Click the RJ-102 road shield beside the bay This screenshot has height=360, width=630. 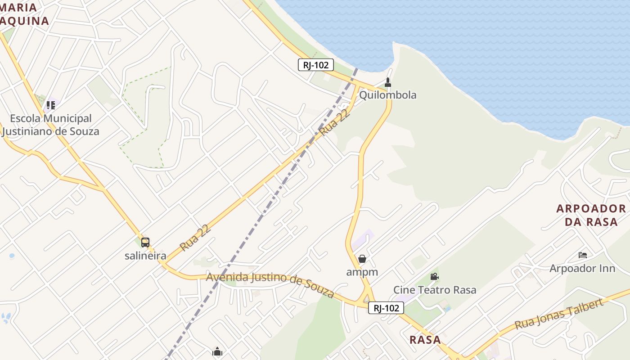(x=315, y=65)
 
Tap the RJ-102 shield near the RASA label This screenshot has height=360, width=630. (x=386, y=308)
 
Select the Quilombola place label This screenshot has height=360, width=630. (x=387, y=95)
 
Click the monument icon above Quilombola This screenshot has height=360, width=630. (x=388, y=82)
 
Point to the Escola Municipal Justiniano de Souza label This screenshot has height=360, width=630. (x=50, y=125)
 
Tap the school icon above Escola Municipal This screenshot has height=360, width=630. (x=50, y=105)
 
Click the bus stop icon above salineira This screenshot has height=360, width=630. (x=145, y=243)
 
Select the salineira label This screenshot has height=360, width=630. (x=145, y=256)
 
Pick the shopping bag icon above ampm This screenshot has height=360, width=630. (x=362, y=259)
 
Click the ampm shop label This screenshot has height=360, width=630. (x=362, y=272)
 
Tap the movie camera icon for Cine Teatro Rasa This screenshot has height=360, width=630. (x=434, y=276)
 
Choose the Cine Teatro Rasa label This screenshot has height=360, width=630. (x=435, y=290)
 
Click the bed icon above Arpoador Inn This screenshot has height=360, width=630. (x=583, y=255)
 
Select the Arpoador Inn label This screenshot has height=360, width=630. (x=582, y=268)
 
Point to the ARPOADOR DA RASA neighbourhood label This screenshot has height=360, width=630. (x=591, y=215)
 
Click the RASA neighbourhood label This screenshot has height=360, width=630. (x=425, y=340)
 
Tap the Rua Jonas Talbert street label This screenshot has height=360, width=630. (x=558, y=314)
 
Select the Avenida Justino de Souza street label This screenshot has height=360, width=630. (x=270, y=284)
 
